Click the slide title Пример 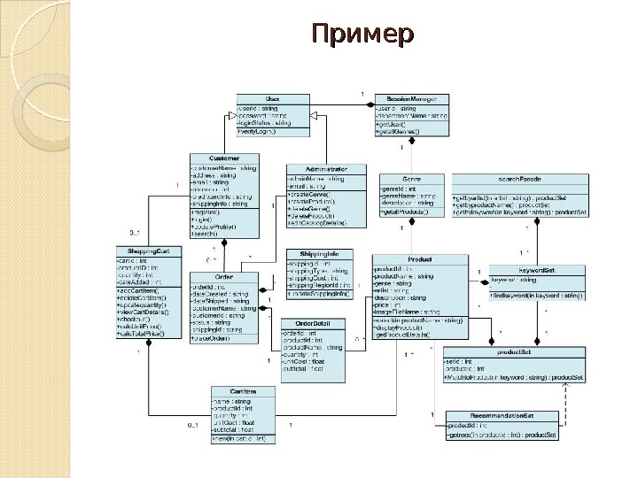[x=362, y=35]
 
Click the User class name [x=272, y=98]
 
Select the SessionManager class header [x=411, y=98]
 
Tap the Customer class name [x=224, y=158]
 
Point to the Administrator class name [x=324, y=168]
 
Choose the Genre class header [x=410, y=179]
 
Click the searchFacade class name [x=519, y=179]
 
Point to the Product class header [x=419, y=259]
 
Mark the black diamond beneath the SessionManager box [x=410, y=146]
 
